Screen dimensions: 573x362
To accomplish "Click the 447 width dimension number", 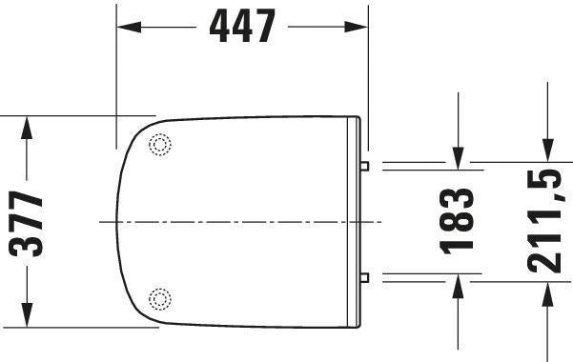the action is (x=242, y=26).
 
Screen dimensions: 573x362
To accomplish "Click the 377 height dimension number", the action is (x=26, y=224).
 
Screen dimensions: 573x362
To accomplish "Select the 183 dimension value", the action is (x=456, y=221).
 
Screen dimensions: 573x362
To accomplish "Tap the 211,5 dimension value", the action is (x=544, y=222).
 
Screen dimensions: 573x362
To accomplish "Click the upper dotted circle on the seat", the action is (x=160, y=145).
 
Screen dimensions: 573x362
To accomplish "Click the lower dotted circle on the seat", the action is (x=160, y=299).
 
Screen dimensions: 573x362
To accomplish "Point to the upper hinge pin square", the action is (x=364, y=166).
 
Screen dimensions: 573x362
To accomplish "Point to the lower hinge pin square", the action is (x=364, y=277).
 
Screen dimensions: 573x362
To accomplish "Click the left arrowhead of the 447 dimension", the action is (x=129, y=27).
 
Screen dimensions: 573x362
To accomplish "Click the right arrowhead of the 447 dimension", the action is (x=356, y=27).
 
